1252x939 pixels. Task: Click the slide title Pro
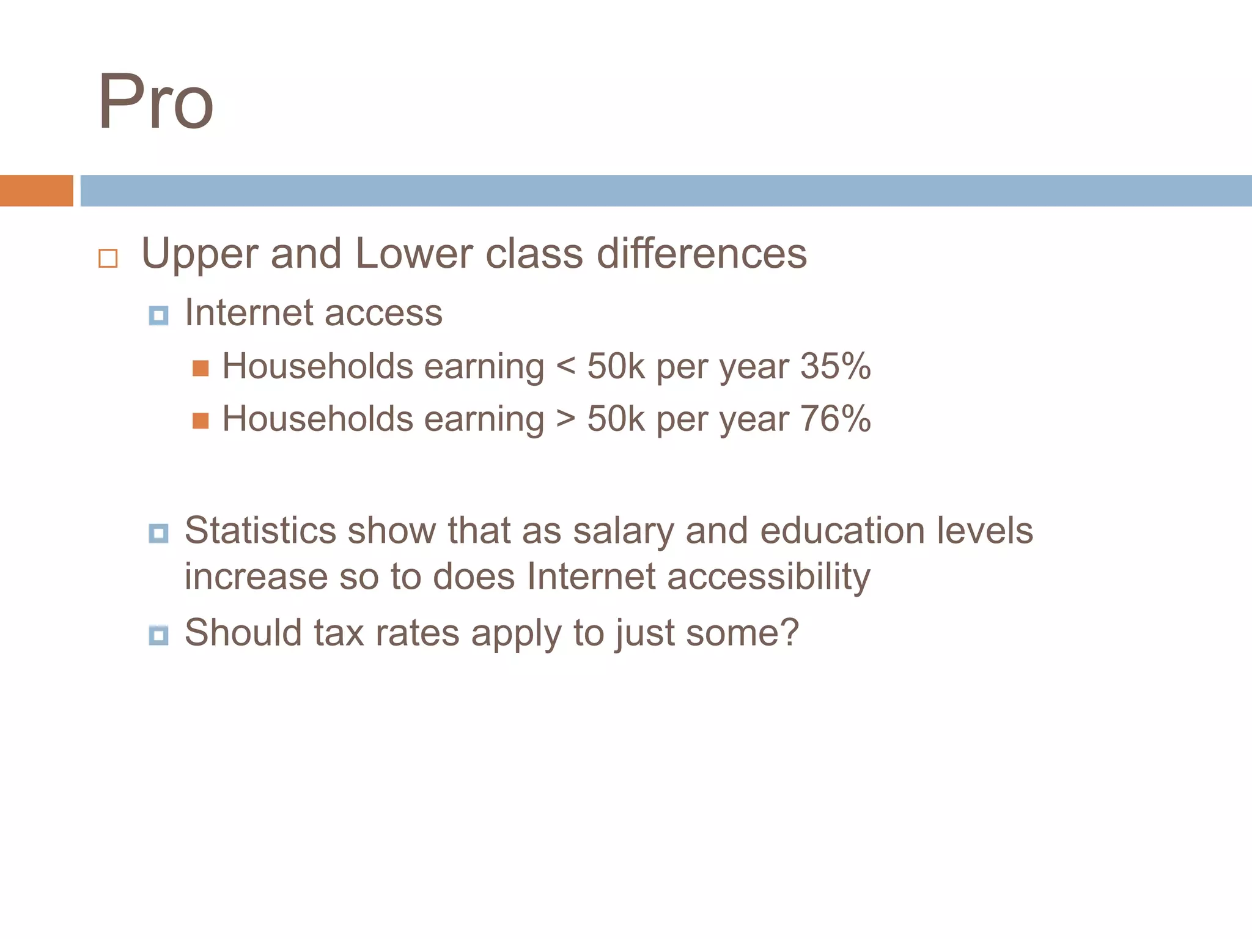click(156, 102)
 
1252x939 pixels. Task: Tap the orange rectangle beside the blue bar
click(36, 191)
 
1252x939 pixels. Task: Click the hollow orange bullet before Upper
click(108, 258)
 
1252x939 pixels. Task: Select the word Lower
click(414, 253)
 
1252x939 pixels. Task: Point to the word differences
click(701, 253)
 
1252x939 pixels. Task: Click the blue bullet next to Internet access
click(158, 315)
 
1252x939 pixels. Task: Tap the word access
click(383, 313)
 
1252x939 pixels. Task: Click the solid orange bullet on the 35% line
click(201, 368)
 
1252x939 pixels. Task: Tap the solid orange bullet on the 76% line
click(201, 421)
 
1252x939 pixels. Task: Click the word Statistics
click(260, 530)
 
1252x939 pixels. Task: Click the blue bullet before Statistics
click(158, 533)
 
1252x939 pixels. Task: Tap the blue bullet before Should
click(158, 635)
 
